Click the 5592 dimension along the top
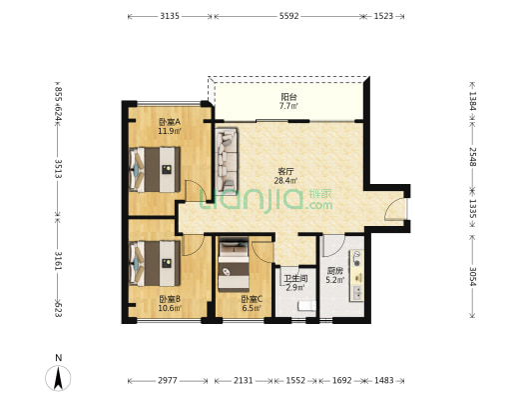tap(289, 16)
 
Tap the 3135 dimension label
tap(170, 16)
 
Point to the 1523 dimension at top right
tap(383, 16)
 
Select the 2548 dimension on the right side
tap(473, 157)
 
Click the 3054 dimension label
tap(473, 276)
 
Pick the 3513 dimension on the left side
tap(58, 169)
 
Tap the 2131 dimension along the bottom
tap(244, 380)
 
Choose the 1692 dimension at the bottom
tap(341, 380)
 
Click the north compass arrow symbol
tap(58, 378)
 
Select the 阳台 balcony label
tap(288, 97)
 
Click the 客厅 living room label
tap(285, 171)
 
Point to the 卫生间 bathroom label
tap(295, 279)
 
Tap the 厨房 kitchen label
tap(335, 271)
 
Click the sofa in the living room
tap(227, 159)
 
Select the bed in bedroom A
tap(155, 169)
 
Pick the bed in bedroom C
tap(234, 264)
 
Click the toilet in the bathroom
tap(306, 306)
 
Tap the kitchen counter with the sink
tap(357, 275)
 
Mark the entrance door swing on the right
tap(395, 209)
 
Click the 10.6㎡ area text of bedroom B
tap(170, 308)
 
